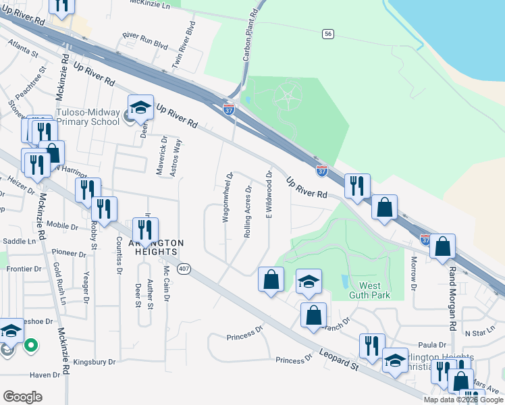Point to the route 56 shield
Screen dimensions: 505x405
(x=328, y=34)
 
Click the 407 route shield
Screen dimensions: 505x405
(x=184, y=269)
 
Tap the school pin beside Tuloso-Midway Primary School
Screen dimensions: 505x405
(x=141, y=108)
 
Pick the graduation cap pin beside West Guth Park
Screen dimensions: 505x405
(x=309, y=281)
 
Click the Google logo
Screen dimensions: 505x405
(x=22, y=397)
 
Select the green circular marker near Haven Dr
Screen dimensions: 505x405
(x=30, y=346)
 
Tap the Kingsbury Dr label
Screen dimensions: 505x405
(x=95, y=362)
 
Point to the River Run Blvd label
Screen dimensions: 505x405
(x=144, y=41)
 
